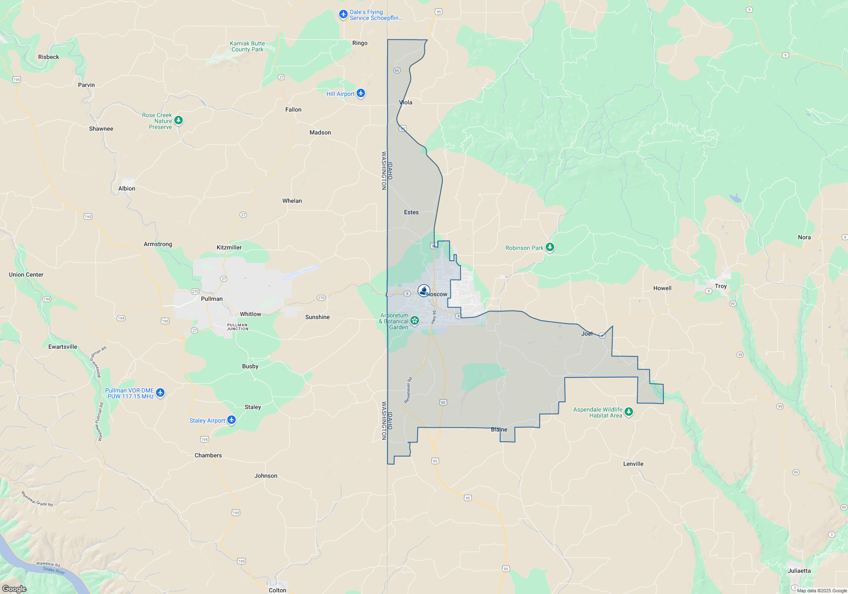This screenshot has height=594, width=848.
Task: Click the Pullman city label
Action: pyautogui.click(x=212, y=299)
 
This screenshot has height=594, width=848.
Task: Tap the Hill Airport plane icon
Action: pyautogui.click(x=361, y=93)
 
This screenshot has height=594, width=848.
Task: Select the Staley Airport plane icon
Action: pyautogui.click(x=231, y=420)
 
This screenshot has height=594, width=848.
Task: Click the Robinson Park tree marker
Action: pyautogui.click(x=550, y=247)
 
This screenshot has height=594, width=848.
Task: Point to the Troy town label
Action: pyautogui.click(x=720, y=286)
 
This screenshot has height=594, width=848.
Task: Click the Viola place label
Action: pyautogui.click(x=406, y=102)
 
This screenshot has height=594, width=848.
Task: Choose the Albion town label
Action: pyautogui.click(x=127, y=188)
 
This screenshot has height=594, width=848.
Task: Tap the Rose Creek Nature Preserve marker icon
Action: pyautogui.click(x=179, y=120)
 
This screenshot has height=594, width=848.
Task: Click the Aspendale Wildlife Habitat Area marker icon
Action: pyautogui.click(x=629, y=412)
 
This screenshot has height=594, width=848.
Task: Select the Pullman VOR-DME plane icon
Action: pyautogui.click(x=160, y=393)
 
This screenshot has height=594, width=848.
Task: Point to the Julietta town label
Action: pyautogui.click(x=799, y=571)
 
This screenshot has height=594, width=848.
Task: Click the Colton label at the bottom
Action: pyautogui.click(x=277, y=590)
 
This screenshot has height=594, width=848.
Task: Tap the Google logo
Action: pyautogui.click(x=14, y=588)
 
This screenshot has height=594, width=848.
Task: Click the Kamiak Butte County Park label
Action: pyautogui.click(x=247, y=46)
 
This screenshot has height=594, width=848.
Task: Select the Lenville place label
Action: pyautogui.click(x=633, y=464)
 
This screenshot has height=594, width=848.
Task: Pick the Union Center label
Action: pyautogui.click(x=26, y=275)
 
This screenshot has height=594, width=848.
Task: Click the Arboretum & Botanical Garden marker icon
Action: pyautogui.click(x=415, y=321)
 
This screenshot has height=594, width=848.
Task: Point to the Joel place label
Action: pyautogui.click(x=587, y=333)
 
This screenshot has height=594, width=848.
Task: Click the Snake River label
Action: pyautogui.click(x=54, y=570)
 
